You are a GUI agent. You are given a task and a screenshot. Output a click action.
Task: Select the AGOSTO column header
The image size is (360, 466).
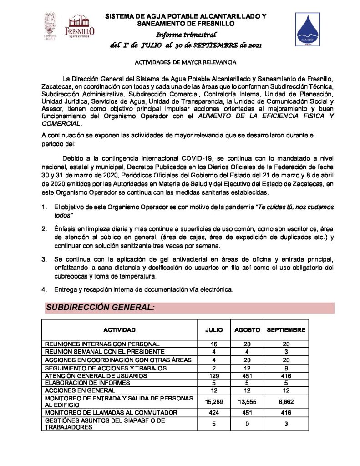click(247, 329)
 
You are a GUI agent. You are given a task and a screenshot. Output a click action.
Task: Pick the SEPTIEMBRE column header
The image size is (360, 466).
click(286, 329)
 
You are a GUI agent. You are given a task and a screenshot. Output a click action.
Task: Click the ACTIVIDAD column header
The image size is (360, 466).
click(119, 329)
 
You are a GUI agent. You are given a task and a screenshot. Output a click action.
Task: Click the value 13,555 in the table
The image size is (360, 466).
click(247, 401)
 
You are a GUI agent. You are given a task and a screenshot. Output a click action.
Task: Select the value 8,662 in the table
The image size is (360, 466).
click(286, 401)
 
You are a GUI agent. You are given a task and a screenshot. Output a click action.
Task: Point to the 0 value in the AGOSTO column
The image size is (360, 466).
click(247, 424)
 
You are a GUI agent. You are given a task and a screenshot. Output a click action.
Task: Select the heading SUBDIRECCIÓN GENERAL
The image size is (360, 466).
click(101, 308)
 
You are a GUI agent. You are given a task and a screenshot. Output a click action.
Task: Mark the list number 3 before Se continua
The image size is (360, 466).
click(44, 259)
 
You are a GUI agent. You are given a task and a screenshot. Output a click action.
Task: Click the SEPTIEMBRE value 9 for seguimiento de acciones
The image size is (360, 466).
click(286, 368)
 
